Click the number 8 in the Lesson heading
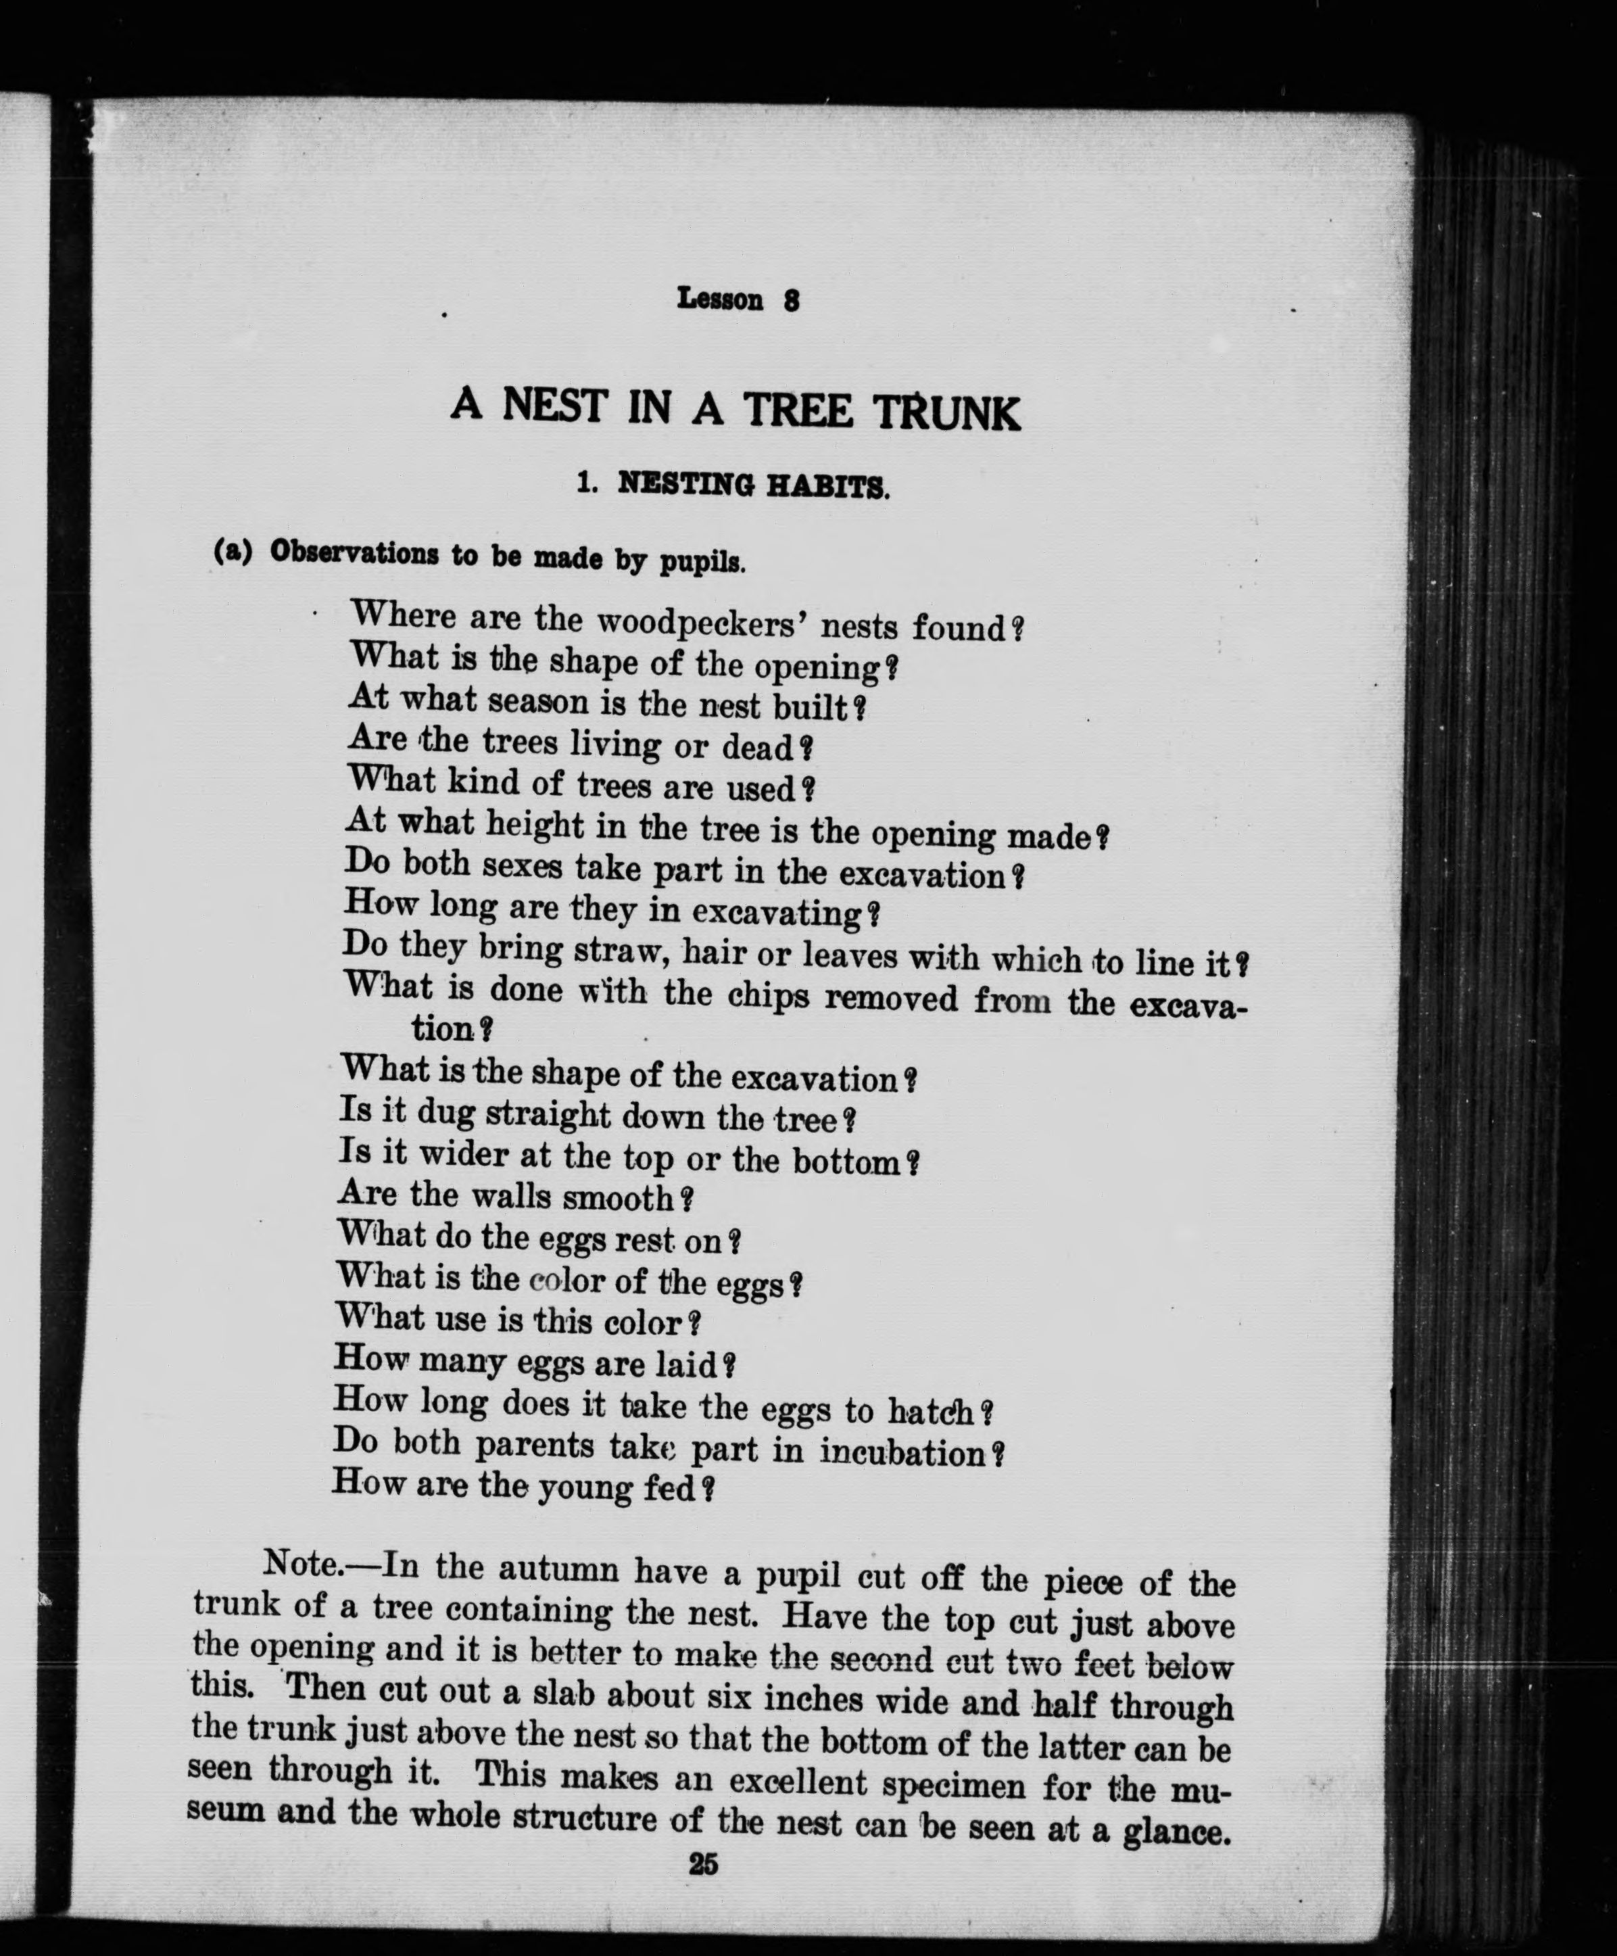[x=791, y=301]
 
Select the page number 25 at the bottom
[x=703, y=1865]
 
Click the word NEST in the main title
[x=555, y=406]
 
